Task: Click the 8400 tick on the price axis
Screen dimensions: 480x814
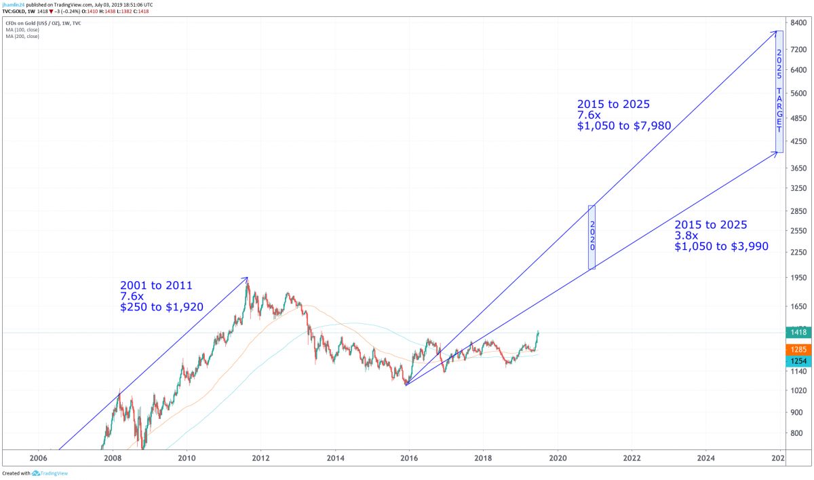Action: [x=797, y=23]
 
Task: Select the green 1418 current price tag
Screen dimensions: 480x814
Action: [x=798, y=332]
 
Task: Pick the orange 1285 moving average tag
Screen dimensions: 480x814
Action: [x=798, y=349]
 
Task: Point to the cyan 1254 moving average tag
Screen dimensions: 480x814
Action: [x=798, y=361]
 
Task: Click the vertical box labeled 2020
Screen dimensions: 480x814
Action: [x=592, y=237]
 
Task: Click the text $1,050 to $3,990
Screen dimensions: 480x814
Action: [x=721, y=246]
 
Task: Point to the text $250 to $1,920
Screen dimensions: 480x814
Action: [x=161, y=307]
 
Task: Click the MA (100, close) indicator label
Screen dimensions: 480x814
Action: [x=23, y=30]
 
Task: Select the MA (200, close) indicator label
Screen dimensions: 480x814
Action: [x=23, y=36]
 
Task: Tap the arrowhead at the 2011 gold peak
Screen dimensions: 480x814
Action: [x=247, y=278]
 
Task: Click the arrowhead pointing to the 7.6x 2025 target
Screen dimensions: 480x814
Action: [x=775, y=31]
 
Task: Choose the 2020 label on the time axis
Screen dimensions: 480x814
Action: [x=558, y=457]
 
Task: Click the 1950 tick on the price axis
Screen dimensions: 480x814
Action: [x=798, y=277]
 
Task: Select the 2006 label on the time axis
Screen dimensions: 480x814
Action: [x=38, y=457]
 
